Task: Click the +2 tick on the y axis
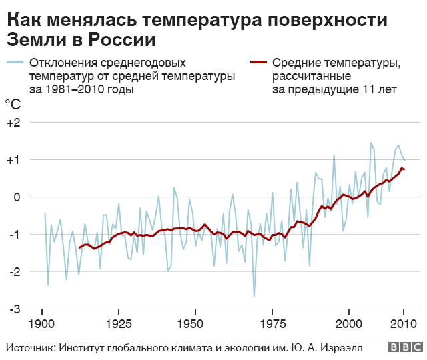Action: pyautogui.click(x=13, y=123)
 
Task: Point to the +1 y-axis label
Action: pyautogui.click(x=13, y=160)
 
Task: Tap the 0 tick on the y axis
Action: pyautogui.click(x=17, y=197)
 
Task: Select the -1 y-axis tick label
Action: pyautogui.click(x=14, y=235)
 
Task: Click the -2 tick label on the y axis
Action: pyautogui.click(x=14, y=272)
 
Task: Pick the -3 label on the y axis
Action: pyautogui.click(x=14, y=309)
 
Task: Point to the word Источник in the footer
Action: pyautogui.click(x=31, y=347)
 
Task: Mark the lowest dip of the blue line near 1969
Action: pyautogui.click(x=254, y=297)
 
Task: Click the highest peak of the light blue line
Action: pyautogui.click(x=371, y=143)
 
